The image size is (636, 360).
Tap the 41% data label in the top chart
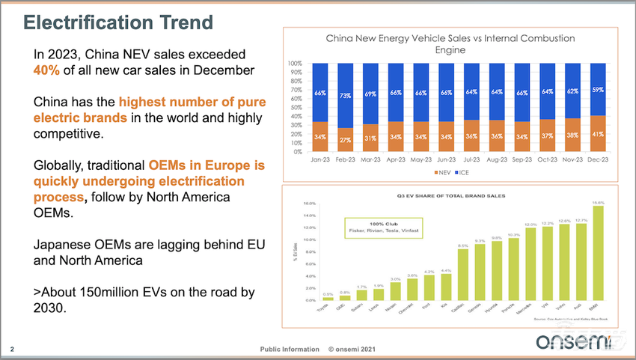pyautogui.click(x=596, y=134)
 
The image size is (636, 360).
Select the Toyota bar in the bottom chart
pyautogui.click(x=328, y=299)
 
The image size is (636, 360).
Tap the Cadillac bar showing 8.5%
pyautogui.click(x=463, y=275)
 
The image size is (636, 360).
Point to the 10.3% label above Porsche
pyautogui.click(x=514, y=234)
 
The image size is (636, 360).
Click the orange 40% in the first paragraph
pyautogui.click(x=46, y=70)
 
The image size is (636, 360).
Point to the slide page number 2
pyautogui.click(x=12, y=349)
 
